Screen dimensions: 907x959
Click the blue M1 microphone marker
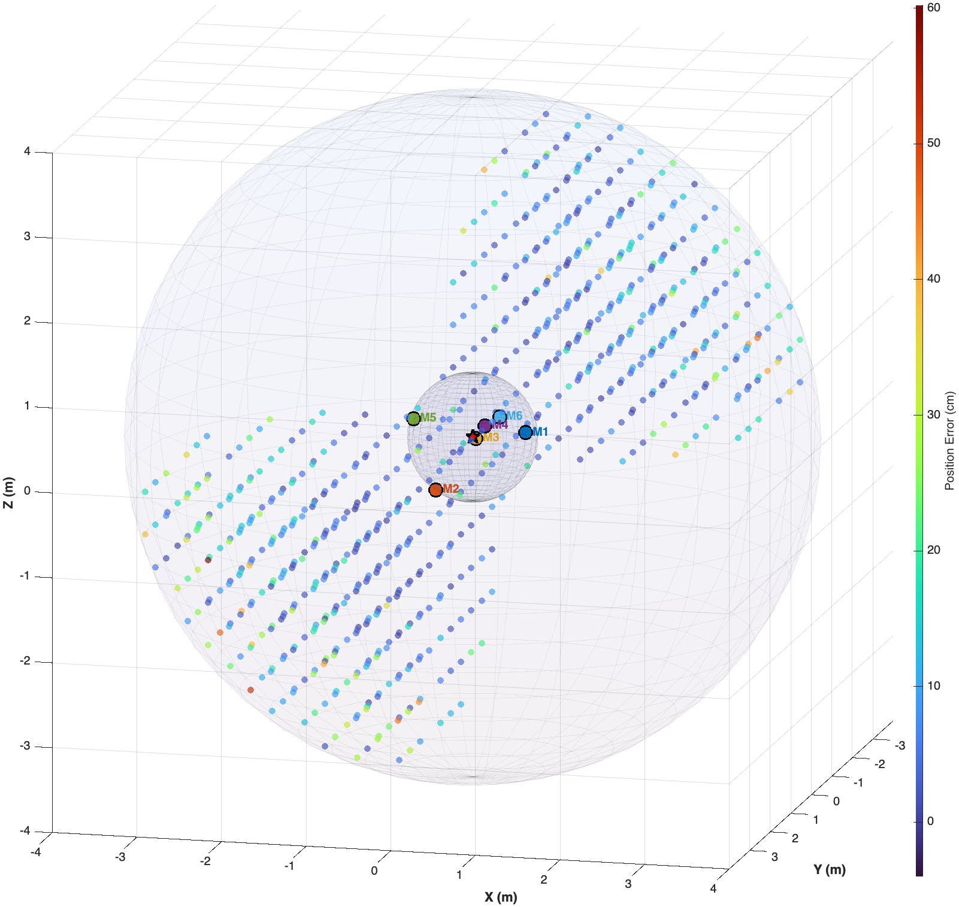click(x=525, y=432)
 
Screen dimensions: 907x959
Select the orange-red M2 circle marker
click(x=435, y=490)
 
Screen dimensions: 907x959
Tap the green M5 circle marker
click(x=413, y=418)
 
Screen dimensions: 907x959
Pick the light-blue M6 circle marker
click(x=500, y=416)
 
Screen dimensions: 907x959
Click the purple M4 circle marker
click(x=485, y=426)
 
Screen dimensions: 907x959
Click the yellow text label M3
click(x=491, y=438)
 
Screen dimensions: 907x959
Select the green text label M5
click(x=428, y=418)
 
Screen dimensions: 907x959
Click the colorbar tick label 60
click(x=933, y=8)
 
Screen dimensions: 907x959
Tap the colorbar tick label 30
click(x=933, y=414)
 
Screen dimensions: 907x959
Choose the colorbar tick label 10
click(x=933, y=685)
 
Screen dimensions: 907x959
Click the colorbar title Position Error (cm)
click(x=949, y=441)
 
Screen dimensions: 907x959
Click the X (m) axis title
click(x=501, y=897)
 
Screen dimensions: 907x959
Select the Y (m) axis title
click(x=829, y=869)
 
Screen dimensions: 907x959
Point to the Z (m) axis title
click(x=8, y=493)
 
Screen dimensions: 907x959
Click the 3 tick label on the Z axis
click(x=27, y=236)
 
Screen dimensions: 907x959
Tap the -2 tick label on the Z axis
click(x=25, y=661)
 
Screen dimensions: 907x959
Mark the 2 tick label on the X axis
click(x=544, y=879)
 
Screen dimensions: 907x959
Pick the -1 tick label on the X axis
click(x=290, y=866)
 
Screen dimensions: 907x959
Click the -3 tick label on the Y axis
click(x=899, y=745)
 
